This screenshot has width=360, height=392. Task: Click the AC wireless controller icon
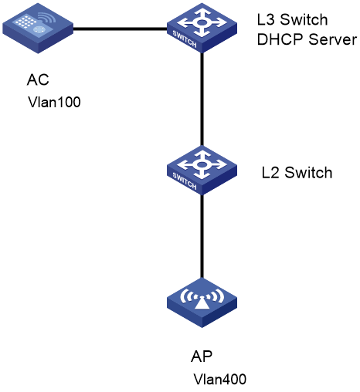[x=38, y=29]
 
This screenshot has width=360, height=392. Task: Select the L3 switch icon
[x=202, y=28]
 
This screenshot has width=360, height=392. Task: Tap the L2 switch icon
[x=202, y=170]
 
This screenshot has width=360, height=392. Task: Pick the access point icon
[x=202, y=302]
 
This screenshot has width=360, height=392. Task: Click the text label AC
[x=38, y=79]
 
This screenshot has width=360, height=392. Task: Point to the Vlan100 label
[x=54, y=102]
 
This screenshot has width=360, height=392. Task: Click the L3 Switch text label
[x=293, y=20]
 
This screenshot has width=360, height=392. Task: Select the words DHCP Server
[x=307, y=39]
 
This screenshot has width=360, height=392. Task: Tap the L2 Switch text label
[x=297, y=172]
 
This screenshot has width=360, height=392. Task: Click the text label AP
[x=202, y=357]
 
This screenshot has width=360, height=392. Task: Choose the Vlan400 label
[x=220, y=379]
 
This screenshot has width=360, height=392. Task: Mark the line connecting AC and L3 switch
[x=121, y=29]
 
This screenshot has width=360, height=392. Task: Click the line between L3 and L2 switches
[x=202, y=99]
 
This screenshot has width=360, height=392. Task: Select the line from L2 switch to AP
[x=202, y=236]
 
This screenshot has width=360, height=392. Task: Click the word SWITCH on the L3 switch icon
[x=185, y=39]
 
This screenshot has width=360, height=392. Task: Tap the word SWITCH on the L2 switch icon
[x=185, y=181]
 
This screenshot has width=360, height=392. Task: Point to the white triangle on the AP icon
[x=202, y=302]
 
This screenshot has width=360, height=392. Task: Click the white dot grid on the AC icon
[x=25, y=21]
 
